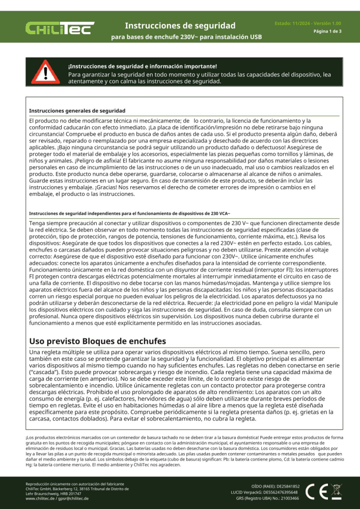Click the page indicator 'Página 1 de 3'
[327, 32]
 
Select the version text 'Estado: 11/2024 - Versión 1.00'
[308, 23]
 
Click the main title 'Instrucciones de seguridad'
[180, 25]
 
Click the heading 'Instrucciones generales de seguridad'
[77, 110]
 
